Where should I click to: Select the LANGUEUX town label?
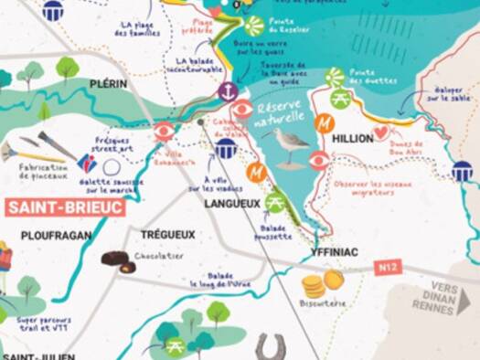point(232,204)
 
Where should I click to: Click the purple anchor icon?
point(227,91)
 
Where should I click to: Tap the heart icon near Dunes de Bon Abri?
point(381,132)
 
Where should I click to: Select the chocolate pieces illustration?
point(115,260)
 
